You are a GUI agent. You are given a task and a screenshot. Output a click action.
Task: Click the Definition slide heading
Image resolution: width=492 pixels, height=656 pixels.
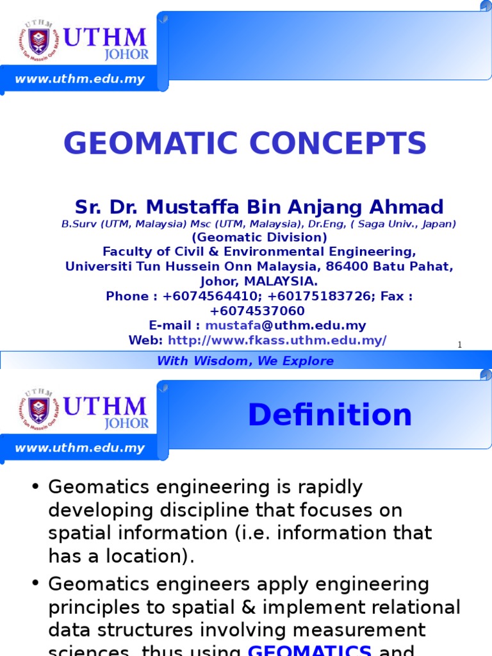click(x=329, y=415)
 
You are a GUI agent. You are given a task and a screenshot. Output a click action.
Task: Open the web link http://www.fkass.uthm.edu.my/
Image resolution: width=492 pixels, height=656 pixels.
click(x=277, y=340)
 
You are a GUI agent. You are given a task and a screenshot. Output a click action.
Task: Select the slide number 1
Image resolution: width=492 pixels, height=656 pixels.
click(x=459, y=345)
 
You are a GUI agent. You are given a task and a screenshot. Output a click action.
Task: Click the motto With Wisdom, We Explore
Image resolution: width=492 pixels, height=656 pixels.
click(x=245, y=361)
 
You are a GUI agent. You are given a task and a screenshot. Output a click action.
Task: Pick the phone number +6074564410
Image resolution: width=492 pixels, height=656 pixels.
click(x=205, y=296)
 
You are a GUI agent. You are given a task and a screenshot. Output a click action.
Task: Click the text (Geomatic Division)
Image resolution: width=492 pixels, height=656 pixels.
click(x=259, y=237)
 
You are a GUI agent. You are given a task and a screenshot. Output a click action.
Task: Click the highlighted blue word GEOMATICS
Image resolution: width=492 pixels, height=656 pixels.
click(x=309, y=650)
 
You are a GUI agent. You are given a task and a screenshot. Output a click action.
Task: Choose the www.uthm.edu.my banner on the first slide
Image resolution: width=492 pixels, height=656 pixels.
click(x=80, y=79)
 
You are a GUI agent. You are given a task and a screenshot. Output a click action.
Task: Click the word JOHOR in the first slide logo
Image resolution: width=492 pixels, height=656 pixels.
click(x=126, y=55)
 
